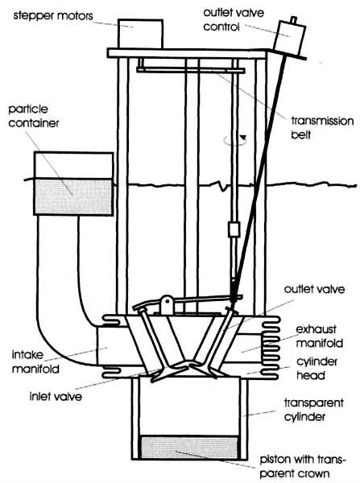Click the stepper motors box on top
pyautogui.click(x=141, y=34)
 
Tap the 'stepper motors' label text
pyautogui.click(x=53, y=15)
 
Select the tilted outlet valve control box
pyautogui.click(x=289, y=38)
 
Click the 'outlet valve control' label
pyautogui.click(x=234, y=19)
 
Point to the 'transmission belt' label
pyautogui.click(x=322, y=127)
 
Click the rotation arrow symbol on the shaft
pyautogui.click(x=235, y=140)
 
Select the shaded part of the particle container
pyautogui.click(x=73, y=196)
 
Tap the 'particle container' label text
pyautogui.click(x=34, y=116)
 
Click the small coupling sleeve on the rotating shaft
pyautogui.click(x=234, y=229)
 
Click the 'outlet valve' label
pyautogui.click(x=314, y=289)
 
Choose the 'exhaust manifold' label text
pyautogui.click(x=319, y=336)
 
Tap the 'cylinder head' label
pyautogui.click(x=317, y=369)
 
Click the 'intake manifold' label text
pyautogui.click(x=35, y=361)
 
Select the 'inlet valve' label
pyautogui.click(x=56, y=396)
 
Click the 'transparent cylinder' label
pyautogui.click(x=313, y=410)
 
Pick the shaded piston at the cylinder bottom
pyautogui.click(x=189, y=448)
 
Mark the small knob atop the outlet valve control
pyautogui.click(x=294, y=19)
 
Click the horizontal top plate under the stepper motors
pyautogui.click(x=187, y=53)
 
